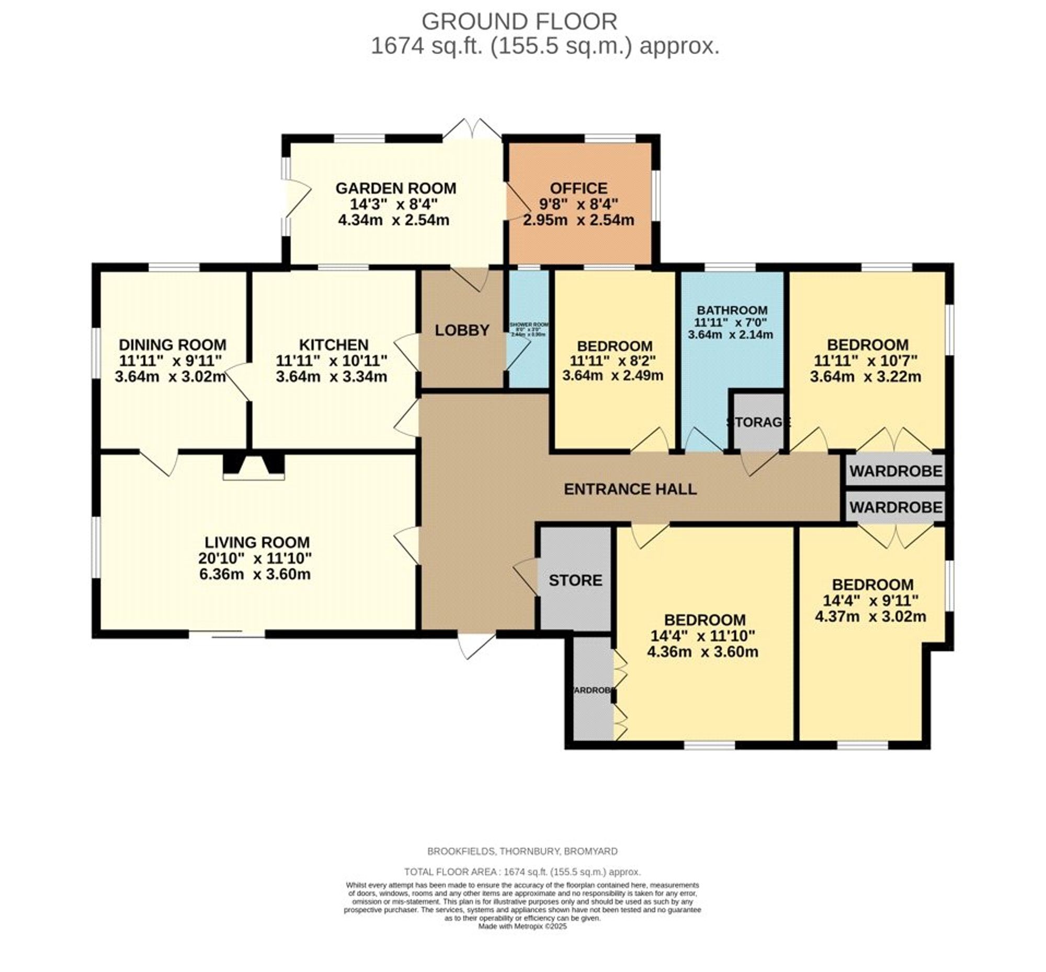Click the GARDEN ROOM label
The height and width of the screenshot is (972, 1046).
(395, 188)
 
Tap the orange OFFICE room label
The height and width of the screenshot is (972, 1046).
(578, 188)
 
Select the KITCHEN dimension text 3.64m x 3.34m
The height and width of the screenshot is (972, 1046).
(331, 377)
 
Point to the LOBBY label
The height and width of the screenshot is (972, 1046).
(462, 330)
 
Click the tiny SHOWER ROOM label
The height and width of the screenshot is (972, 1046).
(529, 325)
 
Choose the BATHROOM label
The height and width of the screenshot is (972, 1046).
(732, 310)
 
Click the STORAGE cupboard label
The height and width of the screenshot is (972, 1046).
(758, 422)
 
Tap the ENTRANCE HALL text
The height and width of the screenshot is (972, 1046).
(630, 489)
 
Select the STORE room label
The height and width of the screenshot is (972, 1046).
(575, 580)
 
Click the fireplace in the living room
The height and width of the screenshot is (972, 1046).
(254, 466)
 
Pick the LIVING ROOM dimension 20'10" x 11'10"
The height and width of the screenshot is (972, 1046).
(255, 558)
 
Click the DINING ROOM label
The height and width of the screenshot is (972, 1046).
(173, 345)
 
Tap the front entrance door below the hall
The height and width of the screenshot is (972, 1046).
(476, 645)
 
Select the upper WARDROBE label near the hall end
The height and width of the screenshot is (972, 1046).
(895, 471)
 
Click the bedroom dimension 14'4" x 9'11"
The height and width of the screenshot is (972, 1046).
(870, 600)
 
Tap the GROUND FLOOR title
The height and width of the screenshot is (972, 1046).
(519, 21)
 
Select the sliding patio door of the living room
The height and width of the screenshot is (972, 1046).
(227, 635)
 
